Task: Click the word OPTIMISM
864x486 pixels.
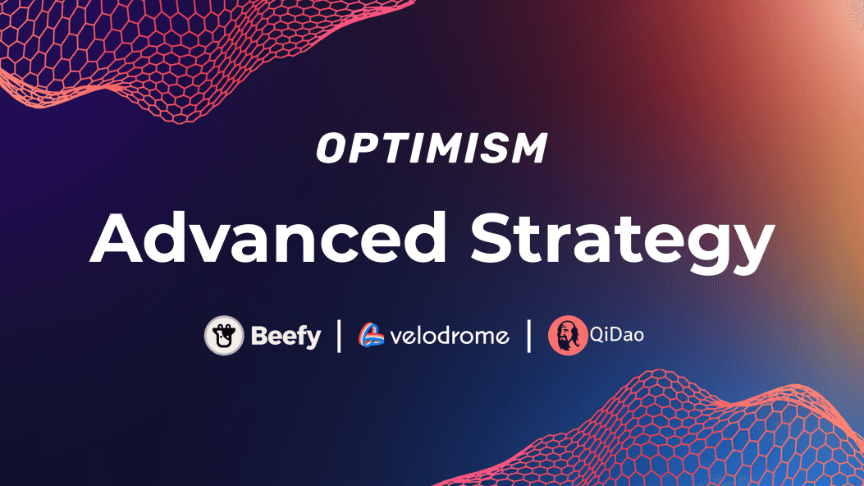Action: tap(432, 148)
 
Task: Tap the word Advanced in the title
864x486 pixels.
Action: tap(268, 237)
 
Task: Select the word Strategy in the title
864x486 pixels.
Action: tap(623, 241)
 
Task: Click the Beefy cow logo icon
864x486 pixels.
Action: tap(224, 335)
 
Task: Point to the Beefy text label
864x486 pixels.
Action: tap(286, 336)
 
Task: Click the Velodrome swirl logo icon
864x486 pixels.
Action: tap(372, 334)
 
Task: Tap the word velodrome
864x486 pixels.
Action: tap(450, 335)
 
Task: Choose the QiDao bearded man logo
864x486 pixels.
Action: tap(568, 335)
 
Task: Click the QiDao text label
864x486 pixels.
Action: tap(616, 334)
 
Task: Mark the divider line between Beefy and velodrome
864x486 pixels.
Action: tap(339, 336)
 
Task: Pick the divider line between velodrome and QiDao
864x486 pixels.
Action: tap(529, 336)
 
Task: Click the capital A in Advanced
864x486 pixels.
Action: tap(117, 237)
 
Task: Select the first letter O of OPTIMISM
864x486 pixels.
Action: tap(333, 149)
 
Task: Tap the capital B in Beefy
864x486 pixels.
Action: tap(260, 336)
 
